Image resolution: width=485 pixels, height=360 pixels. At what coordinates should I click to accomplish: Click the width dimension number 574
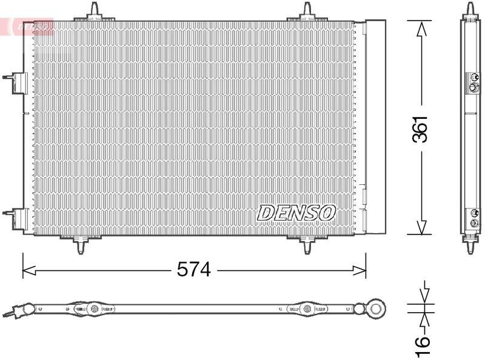tap(193, 270)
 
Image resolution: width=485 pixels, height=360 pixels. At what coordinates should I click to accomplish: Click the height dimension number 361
tap(420, 128)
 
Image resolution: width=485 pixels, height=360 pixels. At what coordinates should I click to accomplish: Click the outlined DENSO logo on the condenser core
tap(296, 212)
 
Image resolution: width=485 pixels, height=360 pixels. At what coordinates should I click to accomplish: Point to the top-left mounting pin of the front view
tap(95, 11)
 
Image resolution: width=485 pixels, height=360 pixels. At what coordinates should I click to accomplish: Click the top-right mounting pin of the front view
tap(307, 11)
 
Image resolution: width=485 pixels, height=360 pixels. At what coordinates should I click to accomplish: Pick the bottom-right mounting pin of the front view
tap(307, 244)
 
